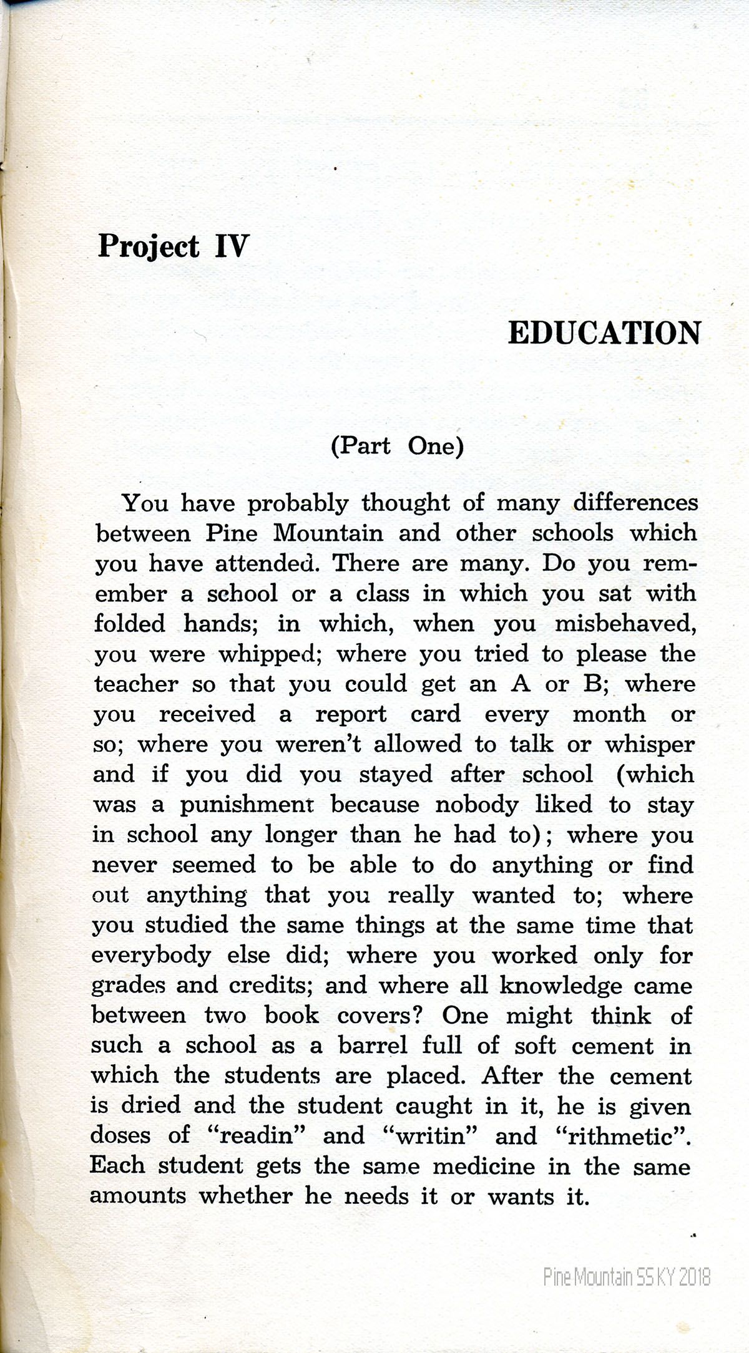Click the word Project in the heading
tap(149, 246)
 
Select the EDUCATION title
tap(604, 333)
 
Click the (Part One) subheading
tap(397, 447)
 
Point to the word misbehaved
tap(625, 624)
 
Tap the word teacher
tap(136, 684)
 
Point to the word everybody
tap(151, 956)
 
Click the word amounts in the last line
tap(138, 1196)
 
